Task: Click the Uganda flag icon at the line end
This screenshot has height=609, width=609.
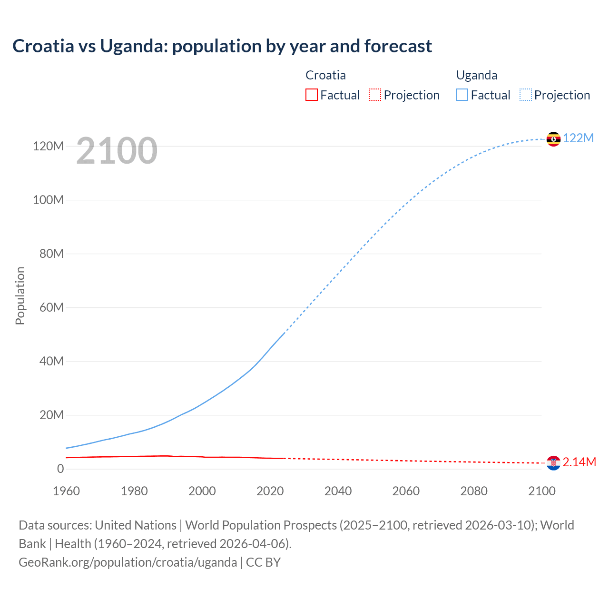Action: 553,139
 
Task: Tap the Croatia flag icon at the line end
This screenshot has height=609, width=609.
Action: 553,462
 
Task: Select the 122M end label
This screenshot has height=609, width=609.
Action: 579,138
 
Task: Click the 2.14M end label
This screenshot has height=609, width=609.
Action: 580,462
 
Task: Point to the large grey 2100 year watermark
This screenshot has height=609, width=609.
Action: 117,151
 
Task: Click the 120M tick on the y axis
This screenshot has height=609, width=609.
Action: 48,146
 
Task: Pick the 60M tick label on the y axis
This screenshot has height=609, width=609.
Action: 51,307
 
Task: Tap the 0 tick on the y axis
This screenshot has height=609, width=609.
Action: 60,469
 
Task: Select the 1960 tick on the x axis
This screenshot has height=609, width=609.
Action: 66,491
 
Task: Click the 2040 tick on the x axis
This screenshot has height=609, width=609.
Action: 338,491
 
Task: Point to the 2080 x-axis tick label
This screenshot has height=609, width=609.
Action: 474,491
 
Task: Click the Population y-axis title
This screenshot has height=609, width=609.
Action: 20,295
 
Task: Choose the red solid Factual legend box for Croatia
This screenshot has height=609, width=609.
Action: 311,95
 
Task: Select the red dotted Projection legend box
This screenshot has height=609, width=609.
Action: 375,95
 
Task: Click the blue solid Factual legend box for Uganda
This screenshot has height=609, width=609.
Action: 462,95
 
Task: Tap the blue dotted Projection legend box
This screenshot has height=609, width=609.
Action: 526,95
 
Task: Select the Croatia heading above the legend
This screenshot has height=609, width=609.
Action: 325,75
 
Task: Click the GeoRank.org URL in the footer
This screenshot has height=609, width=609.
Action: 128,562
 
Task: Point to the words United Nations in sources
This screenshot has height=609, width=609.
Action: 136,525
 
